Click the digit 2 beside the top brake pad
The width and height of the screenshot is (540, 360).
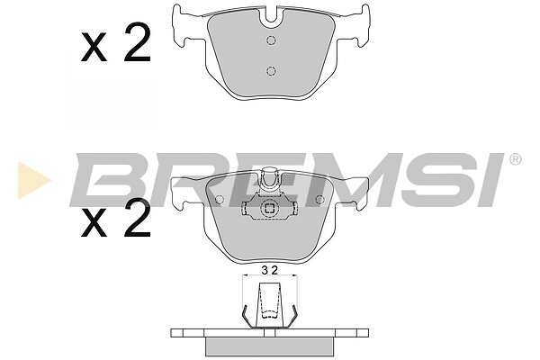[x=138, y=42]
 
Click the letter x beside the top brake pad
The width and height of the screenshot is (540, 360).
[x=94, y=48]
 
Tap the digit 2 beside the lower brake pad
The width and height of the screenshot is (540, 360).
[x=138, y=218]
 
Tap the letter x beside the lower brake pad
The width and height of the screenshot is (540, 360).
[x=94, y=223]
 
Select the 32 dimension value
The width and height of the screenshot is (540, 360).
[x=269, y=271]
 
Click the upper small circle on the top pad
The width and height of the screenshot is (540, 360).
[x=271, y=40]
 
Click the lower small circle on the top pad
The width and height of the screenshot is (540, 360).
[x=271, y=71]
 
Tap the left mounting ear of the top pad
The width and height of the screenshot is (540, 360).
[x=182, y=26]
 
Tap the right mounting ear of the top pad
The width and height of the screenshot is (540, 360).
[x=359, y=26]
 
